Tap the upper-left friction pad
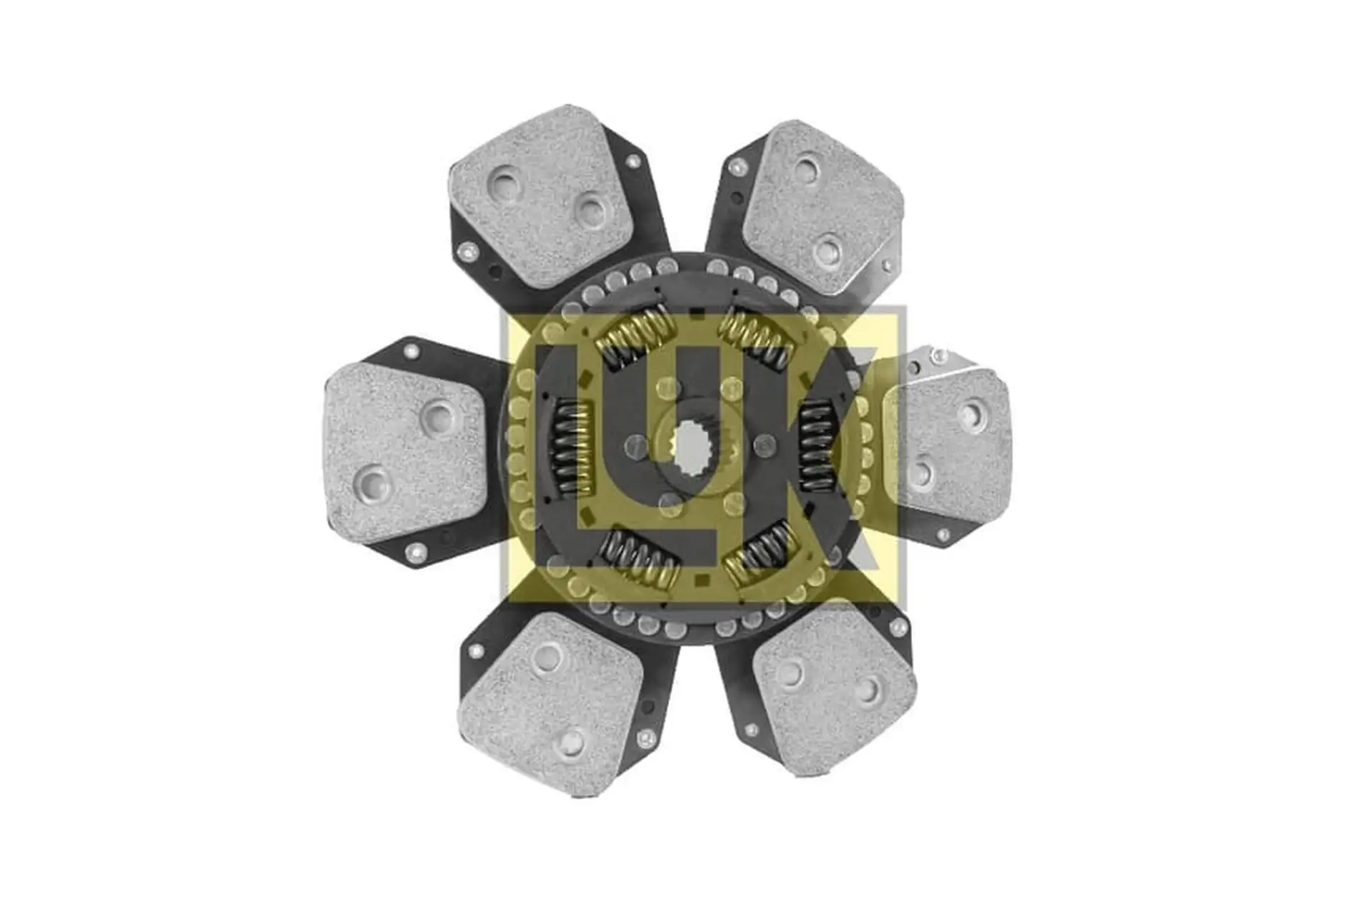click(541, 197)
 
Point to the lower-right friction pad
click(835, 690)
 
